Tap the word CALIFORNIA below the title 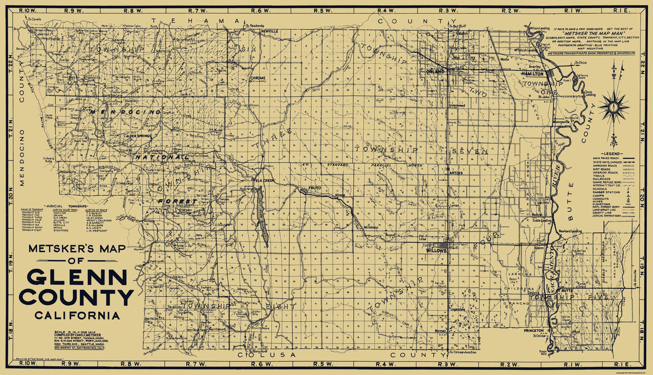(76, 315)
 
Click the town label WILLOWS (436, 250)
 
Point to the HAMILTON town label (532, 73)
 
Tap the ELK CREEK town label (265, 181)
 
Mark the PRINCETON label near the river (534, 331)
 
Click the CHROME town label (258, 78)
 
